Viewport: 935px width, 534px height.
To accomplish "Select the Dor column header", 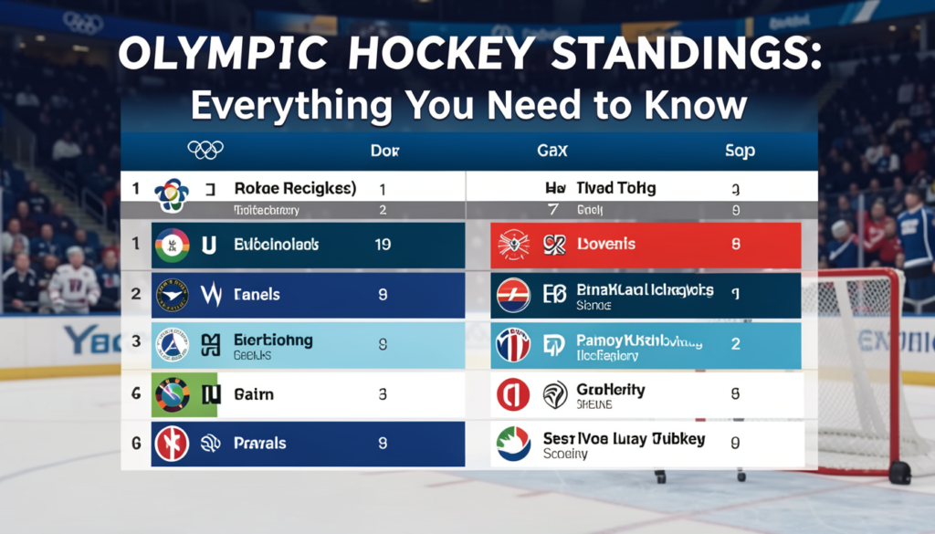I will pos(381,150).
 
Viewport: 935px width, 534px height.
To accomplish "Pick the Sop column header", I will pos(739,151).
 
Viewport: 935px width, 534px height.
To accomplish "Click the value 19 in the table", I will pos(383,245).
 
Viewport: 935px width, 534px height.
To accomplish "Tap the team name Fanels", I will pos(257,295).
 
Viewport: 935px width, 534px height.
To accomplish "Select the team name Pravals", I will pos(260,444).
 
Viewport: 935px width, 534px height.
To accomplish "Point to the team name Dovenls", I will pos(606,245).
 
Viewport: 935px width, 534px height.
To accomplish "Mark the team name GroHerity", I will pos(611,390).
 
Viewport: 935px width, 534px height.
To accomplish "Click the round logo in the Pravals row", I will pos(172,444).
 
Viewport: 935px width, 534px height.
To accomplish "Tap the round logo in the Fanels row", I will pos(172,295).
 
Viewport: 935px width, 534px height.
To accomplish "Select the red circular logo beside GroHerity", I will pos(512,394).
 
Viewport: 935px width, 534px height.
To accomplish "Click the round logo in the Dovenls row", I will pos(514,246).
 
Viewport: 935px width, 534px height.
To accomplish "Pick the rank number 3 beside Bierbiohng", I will pos(135,341).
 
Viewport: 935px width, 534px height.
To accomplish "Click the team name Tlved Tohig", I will pos(615,188).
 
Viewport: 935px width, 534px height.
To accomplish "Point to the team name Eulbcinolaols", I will pos(275,245).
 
